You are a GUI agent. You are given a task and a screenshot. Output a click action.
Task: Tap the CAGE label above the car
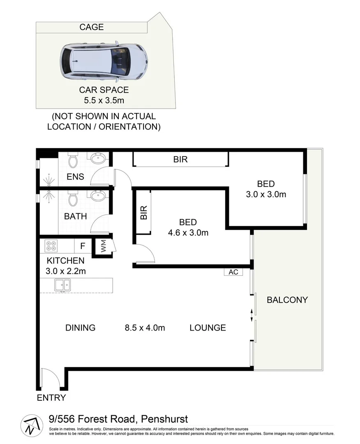click(x=91, y=28)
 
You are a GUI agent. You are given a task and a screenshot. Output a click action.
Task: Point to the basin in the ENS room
click(x=98, y=158)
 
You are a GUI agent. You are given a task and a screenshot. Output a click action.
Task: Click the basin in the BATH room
click(x=98, y=196)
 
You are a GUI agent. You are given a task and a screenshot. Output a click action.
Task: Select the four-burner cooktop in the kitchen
click(x=51, y=246)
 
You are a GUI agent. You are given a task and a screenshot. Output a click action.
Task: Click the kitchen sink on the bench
click(x=62, y=284)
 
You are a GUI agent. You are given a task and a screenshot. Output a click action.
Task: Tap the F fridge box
click(x=83, y=246)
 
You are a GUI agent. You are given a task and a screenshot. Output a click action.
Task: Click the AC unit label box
click(x=233, y=272)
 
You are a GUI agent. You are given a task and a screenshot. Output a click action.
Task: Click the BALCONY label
click(x=287, y=300)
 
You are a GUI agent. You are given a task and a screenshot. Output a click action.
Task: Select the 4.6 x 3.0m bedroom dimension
click(x=188, y=233)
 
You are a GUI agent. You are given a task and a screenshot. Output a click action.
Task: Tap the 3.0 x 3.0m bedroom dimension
click(x=265, y=194)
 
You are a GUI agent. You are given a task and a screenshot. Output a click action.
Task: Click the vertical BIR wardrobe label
click(x=143, y=212)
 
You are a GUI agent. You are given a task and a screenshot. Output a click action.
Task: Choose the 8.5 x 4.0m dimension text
click(x=145, y=328)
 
